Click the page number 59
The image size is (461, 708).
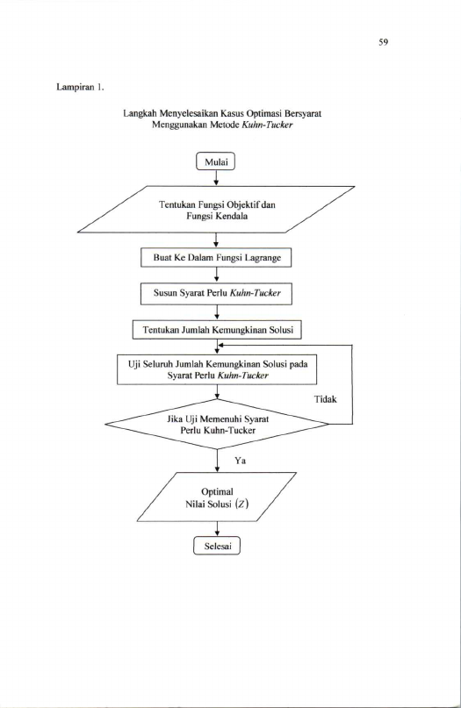click(x=383, y=42)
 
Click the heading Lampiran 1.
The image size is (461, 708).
click(x=80, y=87)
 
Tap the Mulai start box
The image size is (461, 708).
click(x=216, y=161)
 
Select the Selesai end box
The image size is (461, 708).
click(x=217, y=546)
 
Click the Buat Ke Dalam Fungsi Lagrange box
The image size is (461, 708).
click(x=216, y=257)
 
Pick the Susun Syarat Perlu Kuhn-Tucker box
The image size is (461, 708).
click(x=216, y=293)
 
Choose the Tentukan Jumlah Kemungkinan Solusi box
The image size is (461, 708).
click(x=217, y=330)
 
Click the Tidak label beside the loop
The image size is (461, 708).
click(x=326, y=399)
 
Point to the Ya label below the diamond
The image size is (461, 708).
click(x=240, y=461)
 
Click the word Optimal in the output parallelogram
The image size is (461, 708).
click(x=217, y=491)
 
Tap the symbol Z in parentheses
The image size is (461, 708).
click(x=242, y=504)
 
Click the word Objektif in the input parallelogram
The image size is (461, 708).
click(x=242, y=205)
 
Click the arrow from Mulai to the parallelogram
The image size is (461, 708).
click(x=216, y=178)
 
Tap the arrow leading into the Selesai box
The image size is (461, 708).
click(x=218, y=529)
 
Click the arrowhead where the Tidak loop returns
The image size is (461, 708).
click(x=220, y=346)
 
